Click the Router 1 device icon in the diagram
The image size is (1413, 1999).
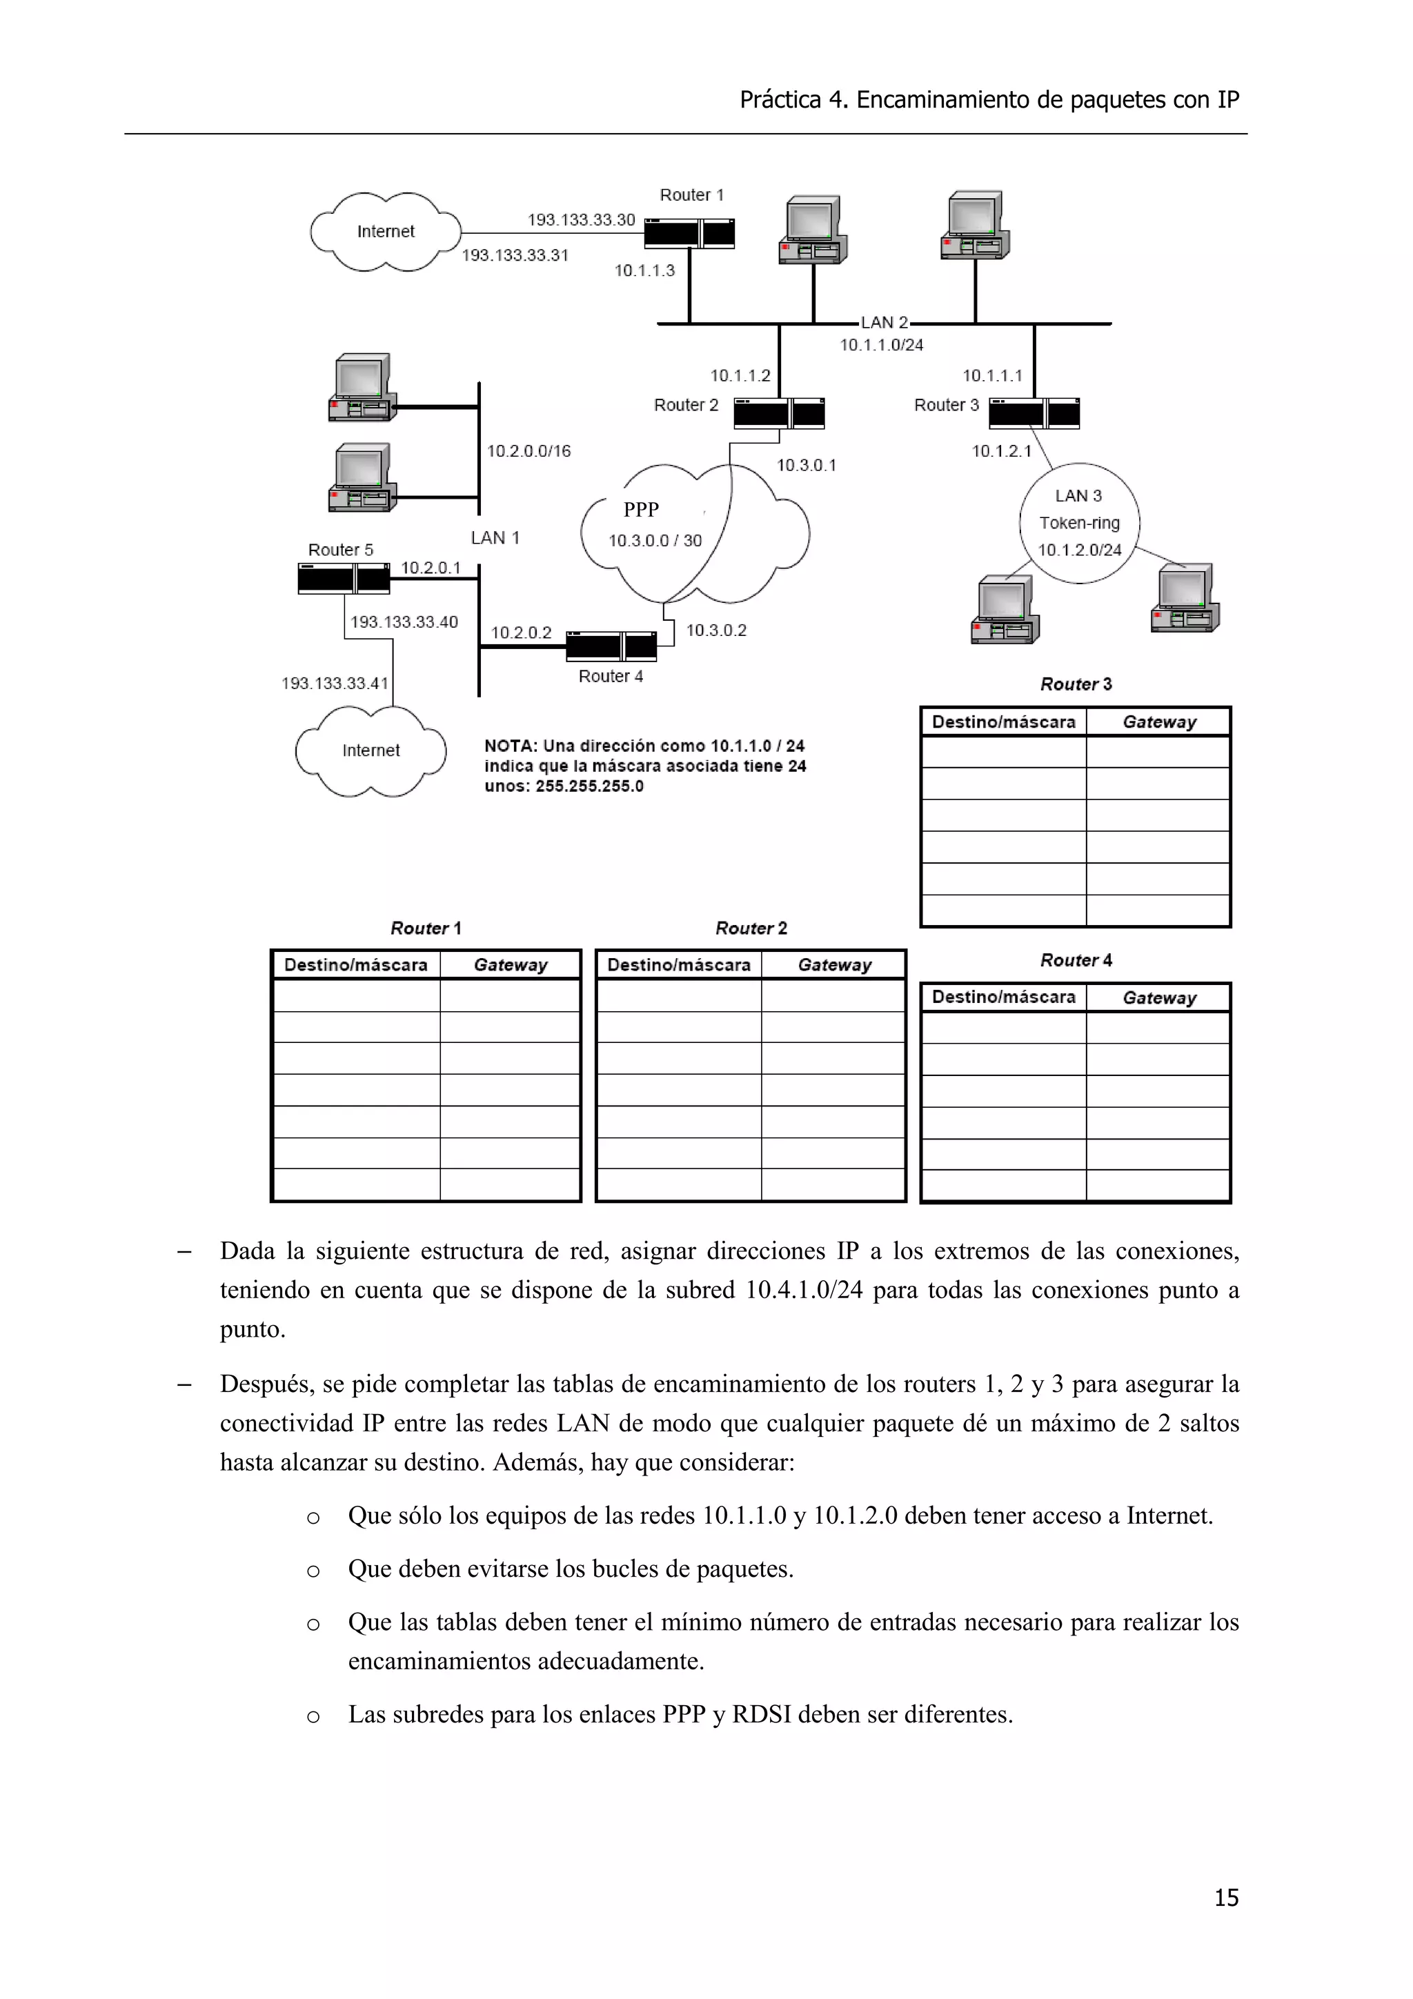(689, 233)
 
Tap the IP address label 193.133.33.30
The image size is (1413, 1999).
(581, 219)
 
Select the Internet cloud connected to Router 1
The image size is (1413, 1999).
(385, 232)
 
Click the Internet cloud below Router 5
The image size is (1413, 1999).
(371, 750)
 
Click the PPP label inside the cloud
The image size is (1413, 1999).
(641, 509)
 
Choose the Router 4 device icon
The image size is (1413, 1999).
(611, 646)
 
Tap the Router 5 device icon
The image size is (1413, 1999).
(343, 578)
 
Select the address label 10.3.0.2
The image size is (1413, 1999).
(715, 630)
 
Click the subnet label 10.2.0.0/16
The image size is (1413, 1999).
(528, 451)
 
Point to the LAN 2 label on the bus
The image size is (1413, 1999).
(884, 322)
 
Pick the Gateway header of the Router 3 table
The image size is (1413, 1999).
(1159, 722)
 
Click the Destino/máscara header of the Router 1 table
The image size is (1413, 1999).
(355, 965)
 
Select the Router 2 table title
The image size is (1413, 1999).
(751, 928)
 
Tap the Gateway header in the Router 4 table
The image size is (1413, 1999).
(1159, 997)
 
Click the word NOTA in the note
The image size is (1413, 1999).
(510, 746)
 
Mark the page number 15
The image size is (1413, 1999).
(1226, 1897)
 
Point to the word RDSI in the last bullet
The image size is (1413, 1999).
(761, 1713)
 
